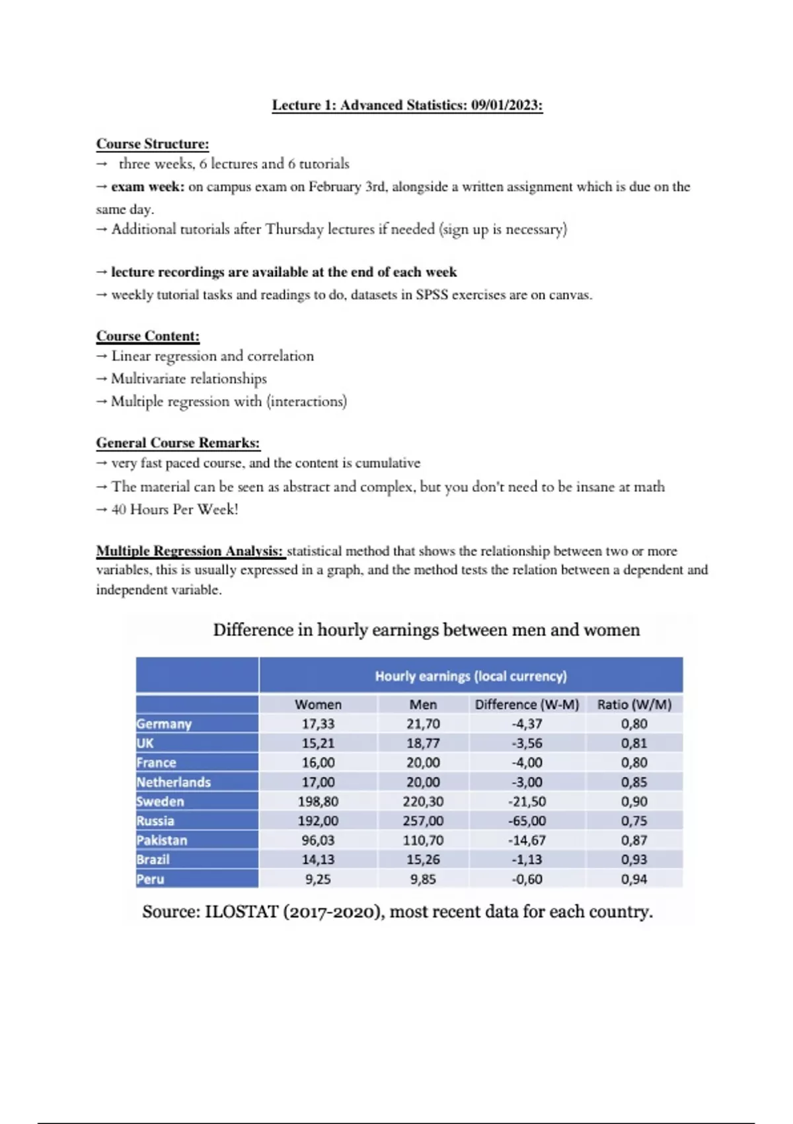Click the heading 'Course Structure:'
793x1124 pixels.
coord(153,143)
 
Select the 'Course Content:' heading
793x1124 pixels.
coord(147,336)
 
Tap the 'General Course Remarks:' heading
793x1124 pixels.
coord(178,443)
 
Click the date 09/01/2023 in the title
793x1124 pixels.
coord(506,105)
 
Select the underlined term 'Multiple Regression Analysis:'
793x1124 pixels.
coord(190,551)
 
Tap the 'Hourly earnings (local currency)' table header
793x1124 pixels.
coord(471,676)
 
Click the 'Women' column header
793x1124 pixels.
coord(318,705)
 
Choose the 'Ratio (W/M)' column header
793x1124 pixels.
coord(634,705)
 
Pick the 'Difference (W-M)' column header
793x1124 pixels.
coord(527,705)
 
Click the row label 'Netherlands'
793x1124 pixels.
coord(173,782)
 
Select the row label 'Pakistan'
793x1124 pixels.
coord(162,840)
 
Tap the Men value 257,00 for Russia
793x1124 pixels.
coord(423,821)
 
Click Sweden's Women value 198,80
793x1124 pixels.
coord(318,801)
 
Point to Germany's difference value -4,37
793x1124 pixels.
coord(527,724)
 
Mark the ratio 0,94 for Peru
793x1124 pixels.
coord(634,879)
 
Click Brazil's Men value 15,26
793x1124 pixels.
coord(423,860)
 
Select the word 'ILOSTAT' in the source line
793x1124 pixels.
coord(242,912)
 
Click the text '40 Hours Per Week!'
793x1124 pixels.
coord(174,509)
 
